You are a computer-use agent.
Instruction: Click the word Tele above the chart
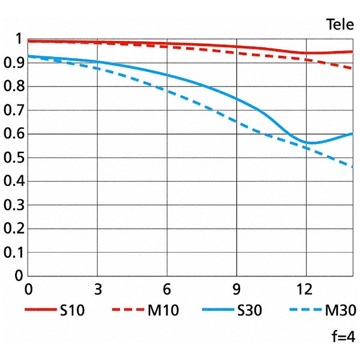pyautogui.click(x=340, y=25)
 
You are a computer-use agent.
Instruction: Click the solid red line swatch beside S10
pyautogui.click(x=40, y=310)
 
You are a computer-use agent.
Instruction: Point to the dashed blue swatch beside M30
pyautogui.click(x=305, y=310)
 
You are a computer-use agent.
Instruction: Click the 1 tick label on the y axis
pyautogui.click(x=18, y=41)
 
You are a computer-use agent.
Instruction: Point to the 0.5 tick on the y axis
pyautogui.click(x=14, y=158)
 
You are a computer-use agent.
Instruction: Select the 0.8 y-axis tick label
pyautogui.click(x=14, y=88)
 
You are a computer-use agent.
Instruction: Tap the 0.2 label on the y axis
pyautogui.click(x=14, y=229)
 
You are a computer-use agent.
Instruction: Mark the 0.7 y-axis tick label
pyautogui.click(x=14, y=111)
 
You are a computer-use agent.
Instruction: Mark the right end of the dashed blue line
pyautogui.click(x=352, y=167)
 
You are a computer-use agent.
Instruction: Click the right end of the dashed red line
pyautogui.click(x=352, y=68)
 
